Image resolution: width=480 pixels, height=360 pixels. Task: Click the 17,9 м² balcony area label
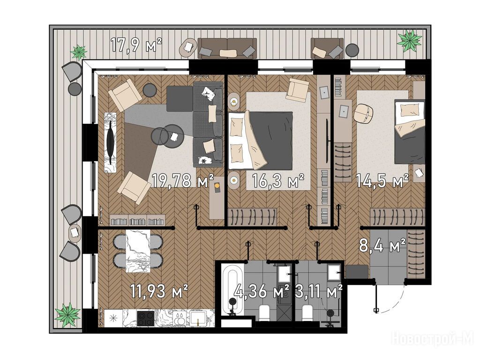click(x=136, y=45)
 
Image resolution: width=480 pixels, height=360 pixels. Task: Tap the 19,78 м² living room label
click(x=183, y=180)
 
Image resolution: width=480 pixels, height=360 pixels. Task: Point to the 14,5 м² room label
click(x=382, y=180)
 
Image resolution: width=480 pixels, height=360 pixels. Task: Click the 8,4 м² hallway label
click(x=382, y=245)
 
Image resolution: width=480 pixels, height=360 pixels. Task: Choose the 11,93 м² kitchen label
click(x=159, y=291)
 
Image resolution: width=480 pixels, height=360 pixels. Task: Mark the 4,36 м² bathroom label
click(x=262, y=291)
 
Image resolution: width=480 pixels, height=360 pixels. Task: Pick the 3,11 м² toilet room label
click(x=319, y=291)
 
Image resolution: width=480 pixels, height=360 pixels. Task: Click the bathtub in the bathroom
click(x=232, y=290)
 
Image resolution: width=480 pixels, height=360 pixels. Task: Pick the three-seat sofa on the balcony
click(x=227, y=48)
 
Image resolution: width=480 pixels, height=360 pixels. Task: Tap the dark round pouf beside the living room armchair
click(x=150, y=90)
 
